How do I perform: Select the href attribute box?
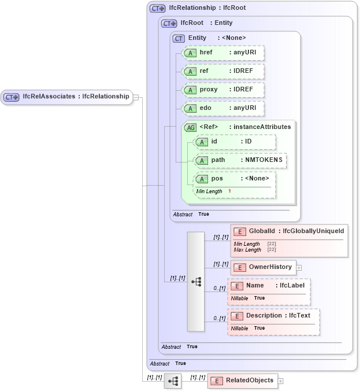223,53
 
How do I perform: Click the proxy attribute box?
223,90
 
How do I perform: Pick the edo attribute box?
223,108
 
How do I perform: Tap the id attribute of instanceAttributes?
235,142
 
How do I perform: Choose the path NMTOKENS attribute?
240,160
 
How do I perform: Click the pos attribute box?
235,178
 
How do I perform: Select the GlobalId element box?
289,231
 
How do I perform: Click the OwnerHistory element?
263,267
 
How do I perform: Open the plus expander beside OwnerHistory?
299,268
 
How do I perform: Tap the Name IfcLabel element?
269,286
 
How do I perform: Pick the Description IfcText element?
273,316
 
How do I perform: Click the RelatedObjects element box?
242,381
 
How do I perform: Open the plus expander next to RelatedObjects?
281,381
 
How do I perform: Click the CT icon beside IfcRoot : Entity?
169,23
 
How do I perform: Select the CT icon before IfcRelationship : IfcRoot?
157,9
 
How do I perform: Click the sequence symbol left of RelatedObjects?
173,381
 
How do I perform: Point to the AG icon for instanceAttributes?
190,127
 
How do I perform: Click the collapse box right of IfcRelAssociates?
136,97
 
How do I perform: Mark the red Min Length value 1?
229,191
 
